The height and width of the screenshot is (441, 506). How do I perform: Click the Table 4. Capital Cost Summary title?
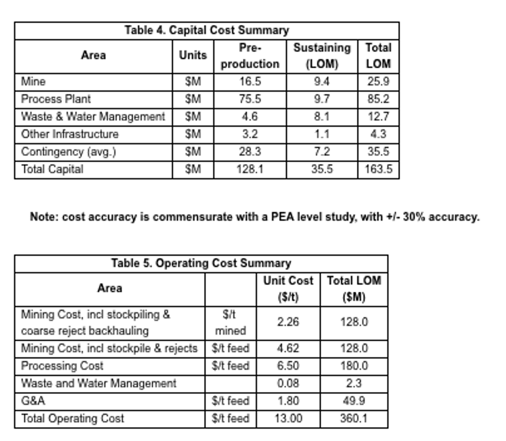207,30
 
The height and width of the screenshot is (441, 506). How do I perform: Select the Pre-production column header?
250,56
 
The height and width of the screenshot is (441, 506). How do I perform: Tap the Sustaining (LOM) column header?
322,56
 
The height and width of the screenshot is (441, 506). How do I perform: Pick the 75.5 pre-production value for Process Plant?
250,99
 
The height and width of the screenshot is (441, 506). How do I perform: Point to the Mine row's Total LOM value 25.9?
378,82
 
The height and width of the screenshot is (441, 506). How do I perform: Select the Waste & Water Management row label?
93,117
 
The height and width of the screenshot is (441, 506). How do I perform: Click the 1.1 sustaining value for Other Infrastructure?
322,134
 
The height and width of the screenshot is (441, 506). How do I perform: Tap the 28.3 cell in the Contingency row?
250,152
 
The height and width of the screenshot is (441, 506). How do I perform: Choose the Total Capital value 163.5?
378,169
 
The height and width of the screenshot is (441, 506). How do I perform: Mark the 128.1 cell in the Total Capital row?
250,169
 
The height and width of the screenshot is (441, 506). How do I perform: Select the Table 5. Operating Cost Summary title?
201,263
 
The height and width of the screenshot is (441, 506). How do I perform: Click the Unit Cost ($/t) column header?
288,289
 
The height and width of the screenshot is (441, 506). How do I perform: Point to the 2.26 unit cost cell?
288,322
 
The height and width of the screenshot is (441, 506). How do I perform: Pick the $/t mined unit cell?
230,322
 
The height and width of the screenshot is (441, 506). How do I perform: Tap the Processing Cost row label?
62,366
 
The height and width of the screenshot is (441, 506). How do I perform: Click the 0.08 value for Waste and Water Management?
288,384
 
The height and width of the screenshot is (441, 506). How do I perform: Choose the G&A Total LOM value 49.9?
354,401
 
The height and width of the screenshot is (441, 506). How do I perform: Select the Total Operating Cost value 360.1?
354,419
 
